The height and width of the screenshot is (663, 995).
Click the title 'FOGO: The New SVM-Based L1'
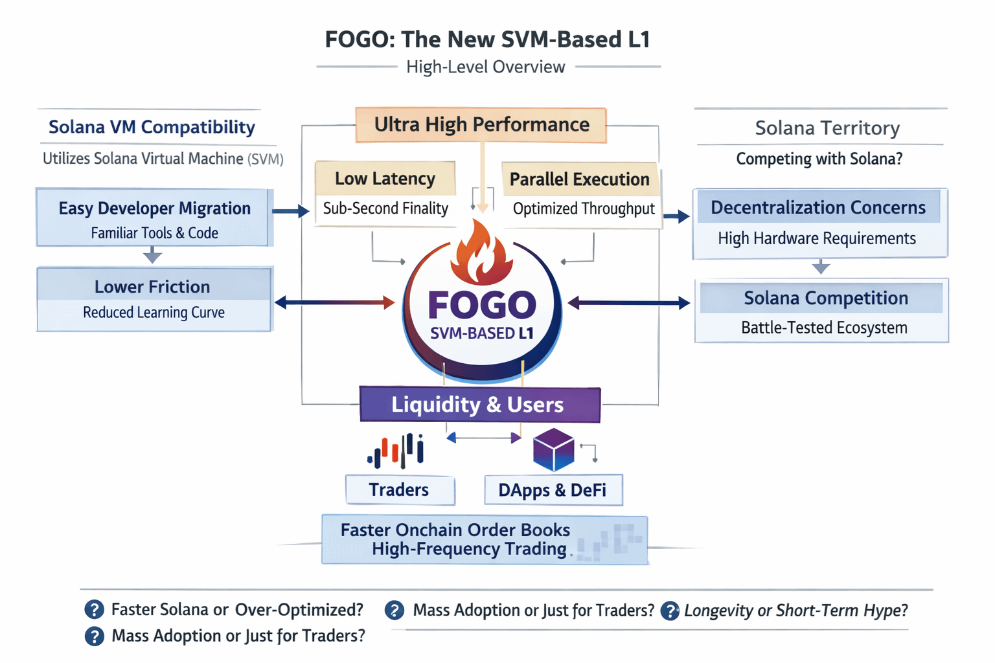487,39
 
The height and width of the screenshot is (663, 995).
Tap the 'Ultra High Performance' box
481,124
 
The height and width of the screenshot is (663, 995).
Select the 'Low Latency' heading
385,179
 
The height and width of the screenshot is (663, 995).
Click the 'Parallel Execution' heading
579,179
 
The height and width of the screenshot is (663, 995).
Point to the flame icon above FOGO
482,253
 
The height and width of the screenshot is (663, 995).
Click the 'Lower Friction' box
154,298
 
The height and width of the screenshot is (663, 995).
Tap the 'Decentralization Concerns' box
819,222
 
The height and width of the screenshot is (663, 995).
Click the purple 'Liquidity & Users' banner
479,405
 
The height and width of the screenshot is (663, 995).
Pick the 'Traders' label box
400,490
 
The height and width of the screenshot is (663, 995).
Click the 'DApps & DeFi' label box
553,490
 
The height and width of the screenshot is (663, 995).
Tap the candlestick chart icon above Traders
396,451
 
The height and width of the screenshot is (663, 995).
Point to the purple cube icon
553,449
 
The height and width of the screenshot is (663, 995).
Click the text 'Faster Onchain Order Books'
455,530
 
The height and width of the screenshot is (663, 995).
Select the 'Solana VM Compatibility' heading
152,127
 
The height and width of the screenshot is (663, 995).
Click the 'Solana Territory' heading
827,128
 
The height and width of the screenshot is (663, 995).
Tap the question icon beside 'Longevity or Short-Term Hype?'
670,611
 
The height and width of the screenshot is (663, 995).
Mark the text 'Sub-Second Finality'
385,208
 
